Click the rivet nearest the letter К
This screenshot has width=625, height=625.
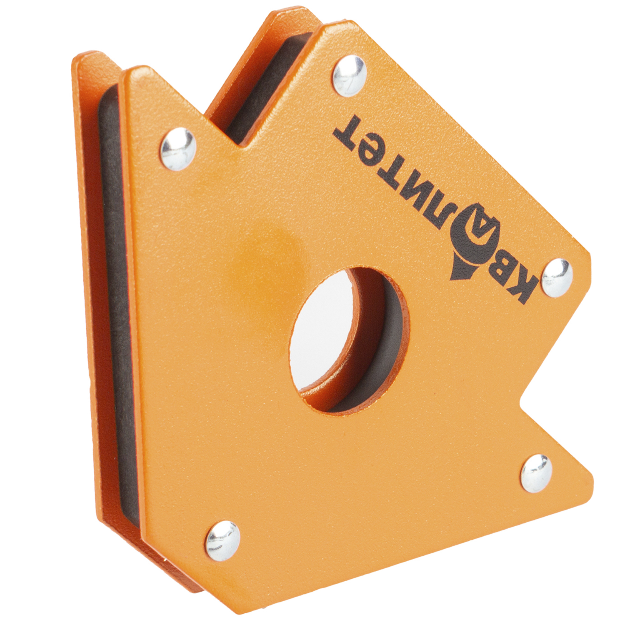(x=557, y=277)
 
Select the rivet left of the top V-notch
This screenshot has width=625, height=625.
(x=178, y=149)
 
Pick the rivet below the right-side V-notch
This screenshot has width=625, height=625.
(x=537, y=473)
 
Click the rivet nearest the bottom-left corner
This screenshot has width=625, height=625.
(x=223, y=540)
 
